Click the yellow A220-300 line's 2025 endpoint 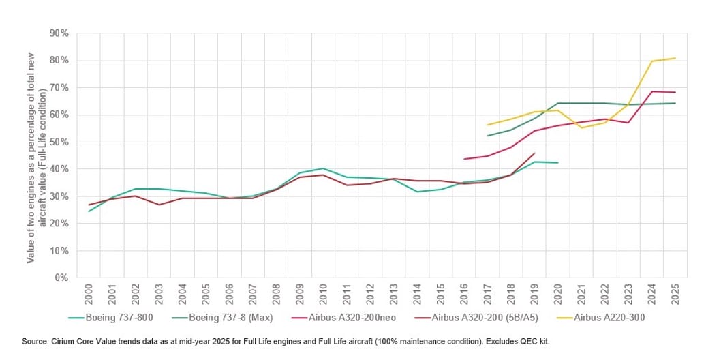675,58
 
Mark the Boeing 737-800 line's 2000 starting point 89,211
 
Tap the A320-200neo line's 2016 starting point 464,159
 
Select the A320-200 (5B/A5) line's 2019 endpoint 534,153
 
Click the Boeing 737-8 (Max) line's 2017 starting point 487,136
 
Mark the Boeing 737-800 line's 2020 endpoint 557,163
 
